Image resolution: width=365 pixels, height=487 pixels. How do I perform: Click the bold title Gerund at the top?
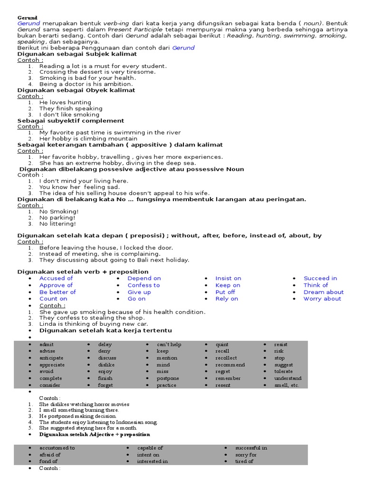(27, 18)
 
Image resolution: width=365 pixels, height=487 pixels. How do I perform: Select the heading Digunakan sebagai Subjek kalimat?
(77, 54)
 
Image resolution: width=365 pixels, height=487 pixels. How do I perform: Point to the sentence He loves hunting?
(65, 102)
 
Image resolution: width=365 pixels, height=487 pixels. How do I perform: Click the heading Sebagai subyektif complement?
(71, 121)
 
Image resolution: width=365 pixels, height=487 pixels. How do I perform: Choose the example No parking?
(58, 217)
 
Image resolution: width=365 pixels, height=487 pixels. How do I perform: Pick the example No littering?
(58, 224)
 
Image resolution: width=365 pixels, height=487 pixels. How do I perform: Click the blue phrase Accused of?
(56, 278)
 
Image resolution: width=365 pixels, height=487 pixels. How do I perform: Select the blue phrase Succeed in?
(320, 278)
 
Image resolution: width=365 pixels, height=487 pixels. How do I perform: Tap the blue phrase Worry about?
(322, 299)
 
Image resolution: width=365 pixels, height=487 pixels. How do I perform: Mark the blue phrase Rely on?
(227, 299)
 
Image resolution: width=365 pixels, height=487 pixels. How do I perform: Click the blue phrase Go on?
(136, 299)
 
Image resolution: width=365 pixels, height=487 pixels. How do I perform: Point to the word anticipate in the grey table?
(51, 358)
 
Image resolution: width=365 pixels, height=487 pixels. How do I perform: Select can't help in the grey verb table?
(169, 344)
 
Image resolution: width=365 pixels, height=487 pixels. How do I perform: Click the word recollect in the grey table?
(226, 358)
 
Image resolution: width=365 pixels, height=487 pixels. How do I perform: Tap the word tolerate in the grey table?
(283, 371)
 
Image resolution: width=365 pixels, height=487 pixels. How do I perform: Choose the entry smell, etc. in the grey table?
(287, 385)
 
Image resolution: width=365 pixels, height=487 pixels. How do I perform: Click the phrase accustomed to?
(57, 448)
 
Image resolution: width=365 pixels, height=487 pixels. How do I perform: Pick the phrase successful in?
(251, 448)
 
